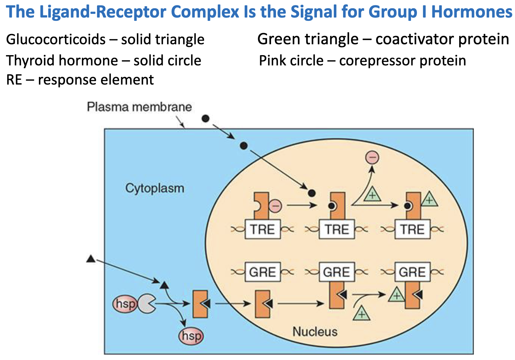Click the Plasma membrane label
click(x=139, y=107)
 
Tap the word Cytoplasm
click(x=154, y=188)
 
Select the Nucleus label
click(x=315, y=331)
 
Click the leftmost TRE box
click(x=262, y=229)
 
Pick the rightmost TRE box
click(x=412, y=229)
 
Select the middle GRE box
click(x=337, y=272)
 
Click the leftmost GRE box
click(x=262, y=272)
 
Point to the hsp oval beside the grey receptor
click(x=125, y=304)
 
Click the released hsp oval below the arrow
click(x=191, y=336)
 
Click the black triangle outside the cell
click(x=91, y=259)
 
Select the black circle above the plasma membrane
click(x=205, y=118)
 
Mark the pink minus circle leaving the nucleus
click(x=372, y=158)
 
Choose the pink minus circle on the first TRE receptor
click(x=275, y=206)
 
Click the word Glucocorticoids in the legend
click(x=56, y=40)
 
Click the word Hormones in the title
click(x=472, y=12)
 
